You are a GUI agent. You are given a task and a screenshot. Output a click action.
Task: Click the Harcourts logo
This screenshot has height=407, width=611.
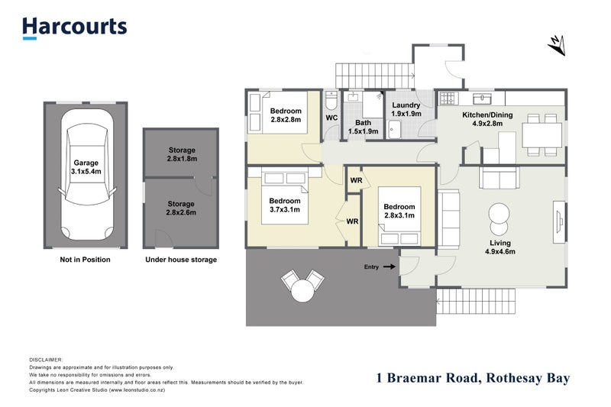click(74, 27)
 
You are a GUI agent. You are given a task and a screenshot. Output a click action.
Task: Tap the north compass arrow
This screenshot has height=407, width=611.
click(559, 45)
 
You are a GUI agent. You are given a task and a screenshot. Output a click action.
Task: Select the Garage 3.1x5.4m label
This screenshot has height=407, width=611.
click(86, 168)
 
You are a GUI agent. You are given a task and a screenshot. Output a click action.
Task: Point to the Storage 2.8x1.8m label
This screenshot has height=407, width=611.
click(182, 155)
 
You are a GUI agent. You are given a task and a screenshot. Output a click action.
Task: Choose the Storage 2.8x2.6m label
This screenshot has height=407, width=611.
click(182, 208)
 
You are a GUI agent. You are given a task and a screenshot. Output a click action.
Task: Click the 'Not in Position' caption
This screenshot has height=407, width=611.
click(85, 260)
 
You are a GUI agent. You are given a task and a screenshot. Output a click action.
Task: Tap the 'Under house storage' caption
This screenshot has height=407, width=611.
click(181, 260)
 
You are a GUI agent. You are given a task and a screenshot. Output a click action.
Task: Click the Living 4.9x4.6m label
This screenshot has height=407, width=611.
click(501, 247)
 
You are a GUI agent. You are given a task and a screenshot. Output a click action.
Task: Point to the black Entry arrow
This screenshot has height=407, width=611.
click(389, 266)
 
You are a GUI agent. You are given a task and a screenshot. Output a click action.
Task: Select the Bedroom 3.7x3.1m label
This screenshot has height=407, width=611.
click(285, 206)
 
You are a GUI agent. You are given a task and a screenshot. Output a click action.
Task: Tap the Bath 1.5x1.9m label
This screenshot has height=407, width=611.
click(363, 127)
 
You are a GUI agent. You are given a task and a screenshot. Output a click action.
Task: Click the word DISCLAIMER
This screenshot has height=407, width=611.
click(46, 359)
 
